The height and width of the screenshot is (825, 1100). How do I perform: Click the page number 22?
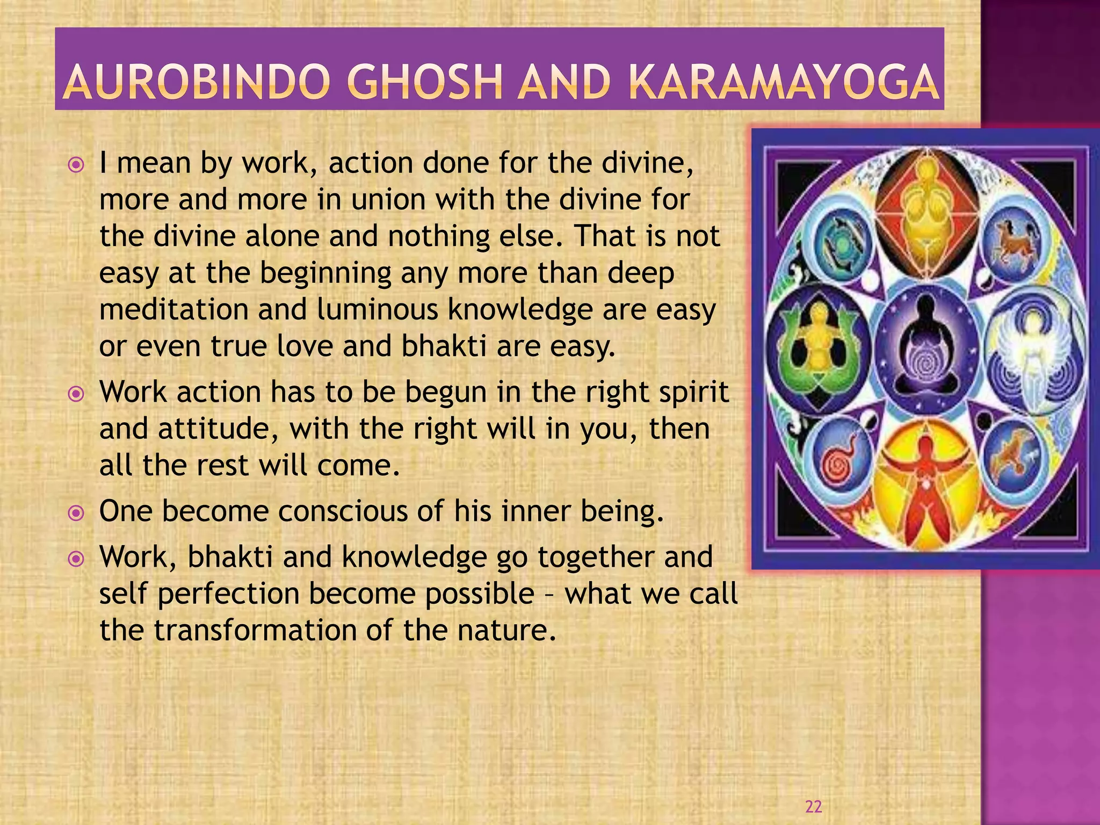tap(814, 806)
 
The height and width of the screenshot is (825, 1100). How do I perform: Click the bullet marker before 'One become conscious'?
tap(77, 513)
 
